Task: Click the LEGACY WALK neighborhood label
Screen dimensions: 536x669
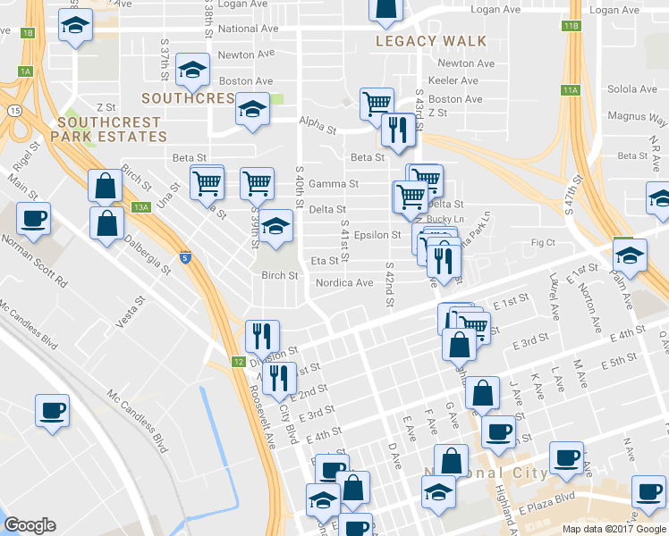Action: pos(431,41)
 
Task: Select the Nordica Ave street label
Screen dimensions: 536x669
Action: pos(344,283)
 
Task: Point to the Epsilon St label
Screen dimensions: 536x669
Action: pos(378,236)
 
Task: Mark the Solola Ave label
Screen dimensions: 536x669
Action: pos(632,89)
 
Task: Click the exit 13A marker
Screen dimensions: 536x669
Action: pos(140,207)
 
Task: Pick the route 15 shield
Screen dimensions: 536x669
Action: pos(13,110)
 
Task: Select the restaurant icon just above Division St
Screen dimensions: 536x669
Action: pos(262,337)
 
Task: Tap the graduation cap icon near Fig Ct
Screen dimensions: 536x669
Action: pos(631,256)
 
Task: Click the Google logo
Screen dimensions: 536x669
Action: pos(30,525)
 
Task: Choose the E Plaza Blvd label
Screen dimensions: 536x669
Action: pos(546,498)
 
